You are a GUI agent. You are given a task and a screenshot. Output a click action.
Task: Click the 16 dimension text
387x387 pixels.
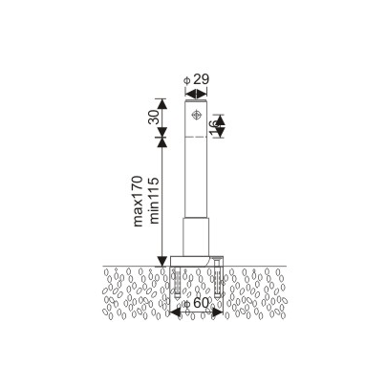217,125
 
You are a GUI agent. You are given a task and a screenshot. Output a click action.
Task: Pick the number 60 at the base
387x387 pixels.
202,303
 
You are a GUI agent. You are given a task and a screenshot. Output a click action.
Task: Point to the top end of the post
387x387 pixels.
196,98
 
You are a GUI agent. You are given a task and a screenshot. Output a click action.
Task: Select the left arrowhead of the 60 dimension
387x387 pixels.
175,312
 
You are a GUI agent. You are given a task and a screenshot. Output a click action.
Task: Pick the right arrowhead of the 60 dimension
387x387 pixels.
221,312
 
